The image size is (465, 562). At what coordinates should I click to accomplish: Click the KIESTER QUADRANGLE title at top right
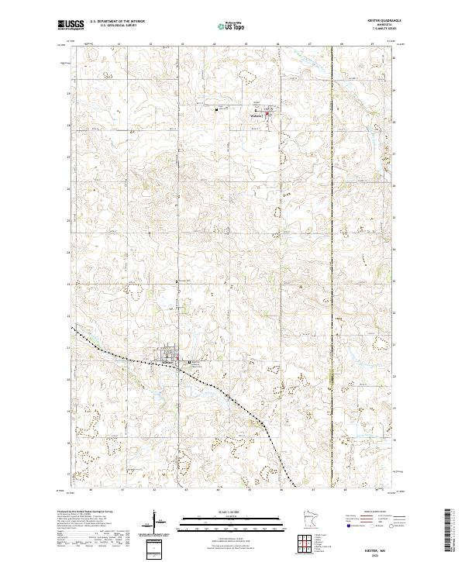click(x=379, y=22)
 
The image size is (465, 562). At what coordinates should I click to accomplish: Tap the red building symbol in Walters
click(x=268, y=116)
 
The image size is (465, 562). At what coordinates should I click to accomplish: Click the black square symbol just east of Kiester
click(x=185, y=361)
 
